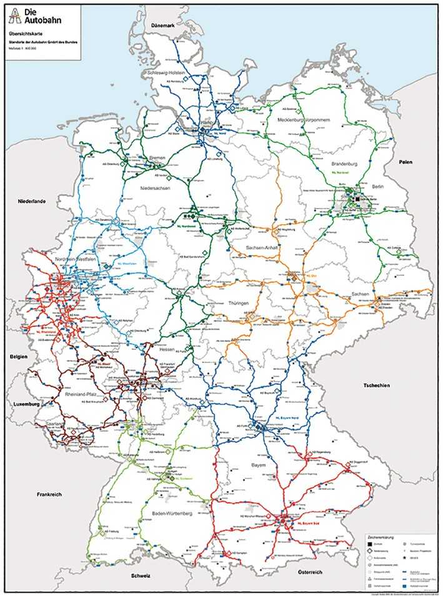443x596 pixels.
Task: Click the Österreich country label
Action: (310, 572)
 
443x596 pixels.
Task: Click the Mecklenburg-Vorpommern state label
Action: (302, 119)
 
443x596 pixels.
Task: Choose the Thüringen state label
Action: (239, 303)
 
